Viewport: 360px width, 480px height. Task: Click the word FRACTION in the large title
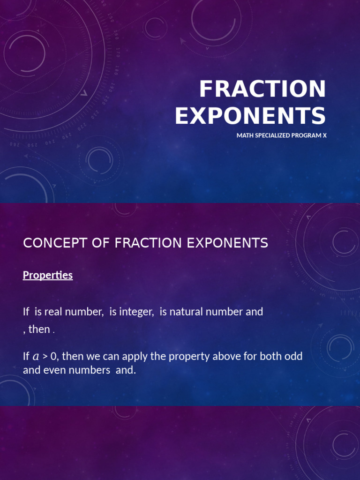tap(262, 89)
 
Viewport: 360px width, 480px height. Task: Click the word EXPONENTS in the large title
tap(250, 116)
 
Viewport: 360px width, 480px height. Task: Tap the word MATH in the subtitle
tap(244, 135)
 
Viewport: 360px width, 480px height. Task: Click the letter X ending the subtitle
tap(324, 135)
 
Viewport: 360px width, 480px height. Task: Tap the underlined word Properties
tap(48, 275)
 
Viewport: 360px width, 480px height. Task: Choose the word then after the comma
tap(39, 329)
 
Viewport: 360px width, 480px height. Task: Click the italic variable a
tap(36, 357)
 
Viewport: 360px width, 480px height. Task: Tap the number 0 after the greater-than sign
tap(53, 356)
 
